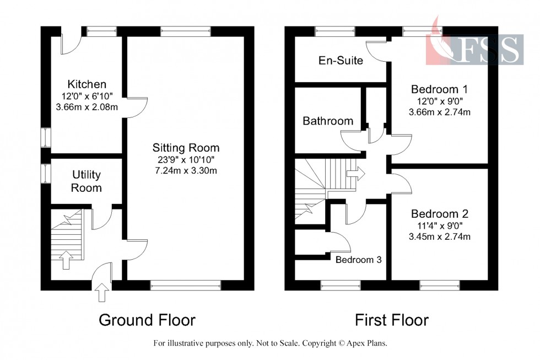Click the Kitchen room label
click(87, 84)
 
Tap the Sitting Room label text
click(186, 148)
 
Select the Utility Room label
click(87, 181)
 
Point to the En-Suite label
click(341, 61)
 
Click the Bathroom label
click(327, 121)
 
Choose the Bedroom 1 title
click(439, 89)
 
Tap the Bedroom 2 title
click(439, 214)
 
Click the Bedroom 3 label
click(359, 260)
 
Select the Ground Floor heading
click(147, 320)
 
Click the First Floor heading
click(392, 320)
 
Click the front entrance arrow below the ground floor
click(102, 293)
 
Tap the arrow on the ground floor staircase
click(66, 259)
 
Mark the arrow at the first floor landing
click(355, 174)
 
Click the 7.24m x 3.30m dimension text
click(186, 170)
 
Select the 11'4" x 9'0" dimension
click(439, 225)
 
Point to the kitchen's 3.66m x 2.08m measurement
click(87, 106)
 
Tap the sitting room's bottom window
click(185, 285)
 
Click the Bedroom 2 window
click(439, 285)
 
